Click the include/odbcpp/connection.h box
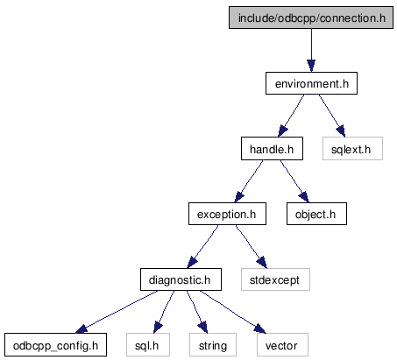tap(311, 18)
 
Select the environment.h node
tap(311, 83)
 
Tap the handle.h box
tap(272, 149)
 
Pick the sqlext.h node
tap(352, 149)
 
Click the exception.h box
tap(227, 214)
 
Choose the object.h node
tap(316, 214)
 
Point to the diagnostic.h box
tap(181, 279)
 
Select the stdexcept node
tap(275, 279)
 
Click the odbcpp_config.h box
tap(55, 345)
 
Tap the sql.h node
tap(148, 345)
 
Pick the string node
tap(213, 345)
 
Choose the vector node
tap(282, 345)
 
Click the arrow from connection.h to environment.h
tap(311, 50)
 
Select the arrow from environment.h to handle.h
tap(291, 116)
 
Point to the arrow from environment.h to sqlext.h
tap(332, 116)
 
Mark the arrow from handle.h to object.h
tap(294, 181)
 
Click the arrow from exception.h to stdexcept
tap(252, 246)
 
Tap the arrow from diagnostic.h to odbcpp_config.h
tap(117, 312)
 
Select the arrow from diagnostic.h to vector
tap(233, 312)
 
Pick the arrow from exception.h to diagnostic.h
tap(202, 246)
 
